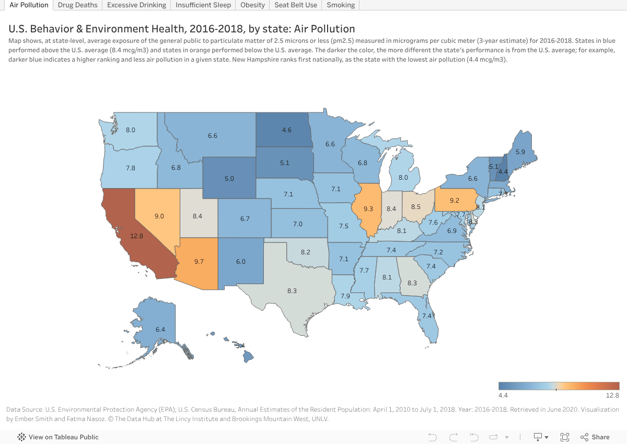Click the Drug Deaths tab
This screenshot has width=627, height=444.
pos(77,5)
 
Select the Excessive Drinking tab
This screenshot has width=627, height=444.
pos(136,5)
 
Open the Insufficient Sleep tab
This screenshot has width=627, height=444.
pos(203,5)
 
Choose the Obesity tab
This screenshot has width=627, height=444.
pos(252,5)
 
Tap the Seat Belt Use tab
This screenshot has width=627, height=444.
pos(296,5)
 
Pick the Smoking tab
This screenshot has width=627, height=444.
pos(341,5)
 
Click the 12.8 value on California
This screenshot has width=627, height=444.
pos(136,236)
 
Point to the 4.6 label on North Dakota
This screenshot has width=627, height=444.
pos(286,130)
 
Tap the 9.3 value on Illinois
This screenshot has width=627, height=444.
pos(368,209)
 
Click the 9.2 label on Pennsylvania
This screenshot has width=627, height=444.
pos(454,200)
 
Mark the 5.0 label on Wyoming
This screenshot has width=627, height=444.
pos(229,179)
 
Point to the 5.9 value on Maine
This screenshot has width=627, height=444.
pos(520,152)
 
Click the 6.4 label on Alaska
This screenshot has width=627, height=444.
pos(160,330)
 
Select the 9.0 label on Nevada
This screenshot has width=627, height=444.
pos(159,216)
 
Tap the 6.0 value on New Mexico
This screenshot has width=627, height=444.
pos(240,262)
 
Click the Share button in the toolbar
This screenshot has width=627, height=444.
pos(595,437)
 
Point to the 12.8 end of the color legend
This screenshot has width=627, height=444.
pos(613,395)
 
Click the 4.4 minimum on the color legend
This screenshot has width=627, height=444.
pos(504,395)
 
